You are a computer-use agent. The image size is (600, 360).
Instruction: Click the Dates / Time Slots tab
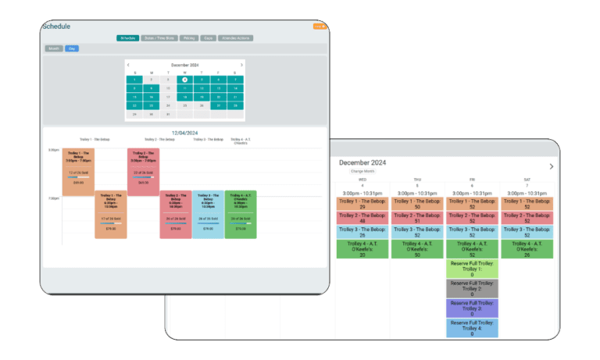pos(159,37)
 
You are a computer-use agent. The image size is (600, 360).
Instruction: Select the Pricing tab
pos(188,37)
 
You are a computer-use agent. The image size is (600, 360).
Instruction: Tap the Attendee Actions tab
pos(235,37)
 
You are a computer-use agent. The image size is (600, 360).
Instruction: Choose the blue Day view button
pos(71,48)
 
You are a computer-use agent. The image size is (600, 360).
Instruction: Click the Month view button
pos(54,48)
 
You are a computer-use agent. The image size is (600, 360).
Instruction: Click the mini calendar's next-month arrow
pos(241,65)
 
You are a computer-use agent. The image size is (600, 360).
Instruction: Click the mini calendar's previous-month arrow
pos(129,65)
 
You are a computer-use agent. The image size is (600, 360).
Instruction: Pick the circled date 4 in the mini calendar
pos(184,80)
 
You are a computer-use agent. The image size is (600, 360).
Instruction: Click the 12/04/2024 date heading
pos(184,133)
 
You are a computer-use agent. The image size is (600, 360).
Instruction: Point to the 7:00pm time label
pos(54,198)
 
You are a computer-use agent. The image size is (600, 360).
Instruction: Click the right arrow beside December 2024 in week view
pos(552,166)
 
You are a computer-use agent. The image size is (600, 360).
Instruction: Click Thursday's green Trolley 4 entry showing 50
pos(417,249)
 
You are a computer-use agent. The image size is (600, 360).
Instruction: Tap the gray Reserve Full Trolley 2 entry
pos(472,288)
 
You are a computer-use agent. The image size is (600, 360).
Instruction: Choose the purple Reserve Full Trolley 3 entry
pos(472,308)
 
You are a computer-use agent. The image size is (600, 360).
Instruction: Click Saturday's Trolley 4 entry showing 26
pos(527,249)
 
